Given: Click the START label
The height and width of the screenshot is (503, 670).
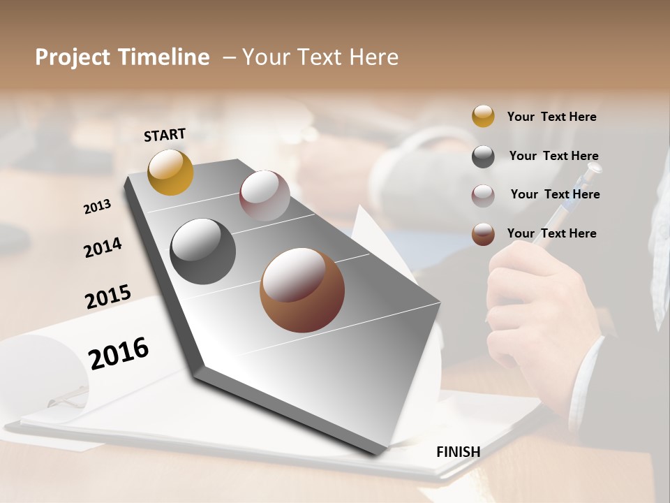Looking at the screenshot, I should [x=165, y=135].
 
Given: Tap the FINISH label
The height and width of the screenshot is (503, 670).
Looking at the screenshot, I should [x=458, y=452].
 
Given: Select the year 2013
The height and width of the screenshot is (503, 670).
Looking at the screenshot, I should [x=97, y=207].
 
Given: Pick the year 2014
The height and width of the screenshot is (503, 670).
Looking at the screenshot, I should [x=103, y=248].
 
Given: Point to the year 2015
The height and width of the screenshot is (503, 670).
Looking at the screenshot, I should [x=108, y=297].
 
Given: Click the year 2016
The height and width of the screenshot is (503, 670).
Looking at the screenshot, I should [x=119, y=353].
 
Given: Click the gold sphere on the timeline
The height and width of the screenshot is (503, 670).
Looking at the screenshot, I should [x=170, y=172].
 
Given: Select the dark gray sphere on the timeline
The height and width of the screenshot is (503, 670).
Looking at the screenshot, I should [x=202, y=251].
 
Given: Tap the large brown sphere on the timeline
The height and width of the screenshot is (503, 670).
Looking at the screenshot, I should [x=302, y=290].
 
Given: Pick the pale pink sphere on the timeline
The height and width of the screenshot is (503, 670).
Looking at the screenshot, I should [x=265, y=195].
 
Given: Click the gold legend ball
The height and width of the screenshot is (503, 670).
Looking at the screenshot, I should [x=483, y=116].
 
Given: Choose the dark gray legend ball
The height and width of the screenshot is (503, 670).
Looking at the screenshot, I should [x=483, y=156].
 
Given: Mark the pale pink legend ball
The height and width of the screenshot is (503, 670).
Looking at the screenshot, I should [x=483, y=195].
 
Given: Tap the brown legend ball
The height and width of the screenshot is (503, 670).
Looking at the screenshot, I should [x=483, y=233].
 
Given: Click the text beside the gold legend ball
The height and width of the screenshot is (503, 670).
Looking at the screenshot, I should [x=551, y=117].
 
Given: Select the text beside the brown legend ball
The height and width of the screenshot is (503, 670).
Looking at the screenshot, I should [x=551, y=233].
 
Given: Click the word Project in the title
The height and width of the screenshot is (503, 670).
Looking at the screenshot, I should [x=72, y=57].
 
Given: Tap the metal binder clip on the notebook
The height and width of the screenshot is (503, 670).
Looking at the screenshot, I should [x=66, y=398].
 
